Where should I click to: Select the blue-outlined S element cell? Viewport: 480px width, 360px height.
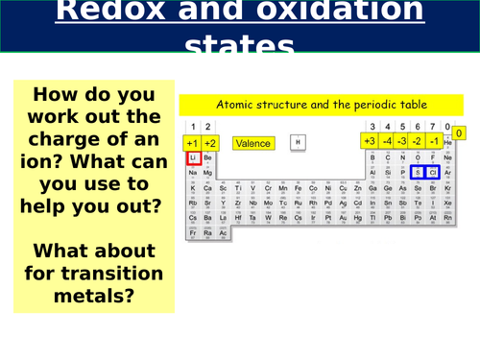(x=418, y=173)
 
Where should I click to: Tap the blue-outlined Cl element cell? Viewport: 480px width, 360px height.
(x=432, y=173)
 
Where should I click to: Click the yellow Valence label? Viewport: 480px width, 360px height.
(x=252, y=143)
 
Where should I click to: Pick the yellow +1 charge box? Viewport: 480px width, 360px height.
(x=192, y=143)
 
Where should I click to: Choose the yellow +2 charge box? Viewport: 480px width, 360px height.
(x=210, y=143)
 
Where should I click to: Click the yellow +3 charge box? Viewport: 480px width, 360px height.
(x=368, y=142)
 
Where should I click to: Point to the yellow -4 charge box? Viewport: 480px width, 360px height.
(x=385, y=142)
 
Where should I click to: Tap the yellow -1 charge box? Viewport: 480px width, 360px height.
(x=434, y=142)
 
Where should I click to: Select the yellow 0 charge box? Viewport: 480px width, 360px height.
(x=459, y=133)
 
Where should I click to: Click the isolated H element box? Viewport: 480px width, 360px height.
(x=299, y=143)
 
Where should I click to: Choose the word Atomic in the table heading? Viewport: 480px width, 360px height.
(x=233, y=104)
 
